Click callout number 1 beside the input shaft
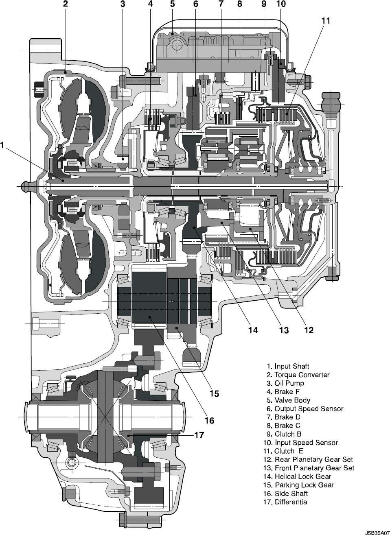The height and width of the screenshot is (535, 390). pos(3,144)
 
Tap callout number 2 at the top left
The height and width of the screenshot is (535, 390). pos(65,4)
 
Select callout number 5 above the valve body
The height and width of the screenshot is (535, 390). pos(172,4)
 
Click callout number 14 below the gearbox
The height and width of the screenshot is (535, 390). pos(253,330)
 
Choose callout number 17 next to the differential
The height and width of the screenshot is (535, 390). pos(199,435)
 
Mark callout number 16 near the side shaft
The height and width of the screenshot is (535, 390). pos(209,420)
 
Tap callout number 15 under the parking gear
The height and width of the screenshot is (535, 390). pos(214,393)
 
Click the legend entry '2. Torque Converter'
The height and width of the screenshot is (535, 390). pos(298,375)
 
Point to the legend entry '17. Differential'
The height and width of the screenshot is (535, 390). pos(287,502)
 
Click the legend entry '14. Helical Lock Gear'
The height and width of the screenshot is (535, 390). pos(302,476)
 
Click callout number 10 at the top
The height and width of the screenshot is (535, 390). pos(280,4)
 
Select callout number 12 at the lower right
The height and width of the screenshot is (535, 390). pos(309,330)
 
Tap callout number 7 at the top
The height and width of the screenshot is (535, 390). pos(221,4)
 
